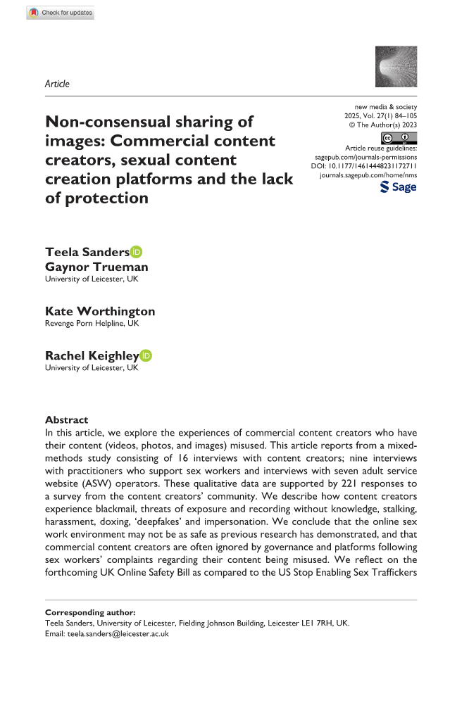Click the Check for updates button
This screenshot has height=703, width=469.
coord(60,13)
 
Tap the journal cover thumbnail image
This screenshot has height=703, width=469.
coord(392,68)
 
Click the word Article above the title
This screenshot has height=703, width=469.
coord(57,84)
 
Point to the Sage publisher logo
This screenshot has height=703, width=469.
coord(398,186)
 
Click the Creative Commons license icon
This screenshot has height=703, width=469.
coord(398,138)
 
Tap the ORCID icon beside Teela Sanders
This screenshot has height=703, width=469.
coord(136,252)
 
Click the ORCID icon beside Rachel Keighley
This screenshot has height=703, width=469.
coord(146,356)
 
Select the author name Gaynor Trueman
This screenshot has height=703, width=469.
coord(96,267)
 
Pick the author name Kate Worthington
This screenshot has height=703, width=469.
coord(100,311)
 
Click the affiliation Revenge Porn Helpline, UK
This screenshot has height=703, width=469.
coord(92,324)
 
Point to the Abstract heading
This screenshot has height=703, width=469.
coord(66,419)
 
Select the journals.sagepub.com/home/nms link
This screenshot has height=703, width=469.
coord(368,175)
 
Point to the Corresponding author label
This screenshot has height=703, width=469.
coord(89,613)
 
